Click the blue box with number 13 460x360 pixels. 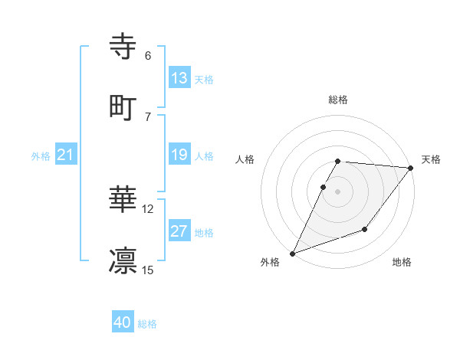(179, 78)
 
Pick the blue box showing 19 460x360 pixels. (179, 155)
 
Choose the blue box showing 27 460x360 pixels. (179, 231)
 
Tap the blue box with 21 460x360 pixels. (66, 155)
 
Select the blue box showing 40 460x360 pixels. (123, 323)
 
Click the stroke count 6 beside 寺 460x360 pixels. (148, 56)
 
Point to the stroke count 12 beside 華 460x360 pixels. (148, 208)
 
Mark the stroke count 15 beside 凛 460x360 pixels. (148, 270)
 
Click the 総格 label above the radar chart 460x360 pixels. (338, 100)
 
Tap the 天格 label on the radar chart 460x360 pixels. (431, 159)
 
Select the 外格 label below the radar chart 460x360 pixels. (271, 262)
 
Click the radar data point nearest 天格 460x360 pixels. (411, 169)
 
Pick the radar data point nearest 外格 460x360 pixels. (292, 253)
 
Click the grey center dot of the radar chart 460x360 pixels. (338, 191)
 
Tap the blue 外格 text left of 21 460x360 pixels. (41, 155)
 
